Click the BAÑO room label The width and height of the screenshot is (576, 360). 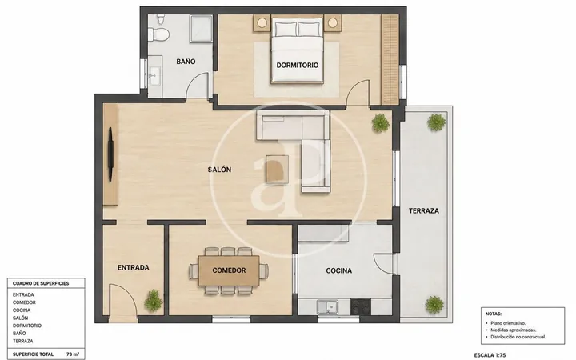coord(186,62)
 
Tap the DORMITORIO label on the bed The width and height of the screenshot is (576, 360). coord(297,66)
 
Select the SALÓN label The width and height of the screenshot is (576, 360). coord(219,170)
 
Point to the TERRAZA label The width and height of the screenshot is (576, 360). coord(424,211)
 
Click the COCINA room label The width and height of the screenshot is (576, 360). coord(338,270)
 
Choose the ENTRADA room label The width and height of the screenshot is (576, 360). coord(134,268)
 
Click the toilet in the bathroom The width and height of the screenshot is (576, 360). coord(159,30)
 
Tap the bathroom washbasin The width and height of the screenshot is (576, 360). coord(155,75)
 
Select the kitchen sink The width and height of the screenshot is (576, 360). coord(328,307)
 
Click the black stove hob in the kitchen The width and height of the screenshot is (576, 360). coord(360,307)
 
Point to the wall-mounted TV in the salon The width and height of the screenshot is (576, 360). coord(110,154)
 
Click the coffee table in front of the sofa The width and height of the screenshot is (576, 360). coord(277,169)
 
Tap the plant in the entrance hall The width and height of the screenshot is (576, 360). coord(153,301)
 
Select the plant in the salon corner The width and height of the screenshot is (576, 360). coord(381,122)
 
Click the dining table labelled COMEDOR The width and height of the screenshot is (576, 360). coord(229,270)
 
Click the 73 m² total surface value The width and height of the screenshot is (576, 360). coord(73,354)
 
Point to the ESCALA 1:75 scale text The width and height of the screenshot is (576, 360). coord(490,355)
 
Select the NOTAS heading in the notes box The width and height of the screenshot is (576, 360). coord(494,314)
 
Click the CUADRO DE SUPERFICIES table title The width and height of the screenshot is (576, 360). coord(41,283)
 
